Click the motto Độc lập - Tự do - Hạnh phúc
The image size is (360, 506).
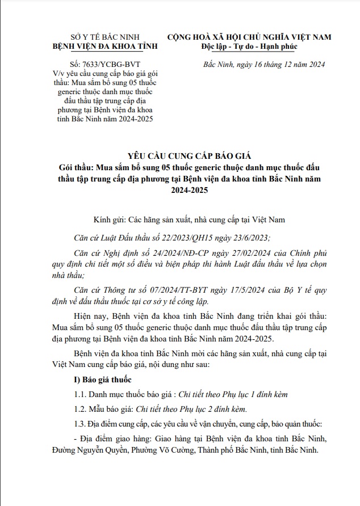pyautogui.click(x=249, y=47)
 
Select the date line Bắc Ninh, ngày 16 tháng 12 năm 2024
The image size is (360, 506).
pyautogui.click(x=264, y=65)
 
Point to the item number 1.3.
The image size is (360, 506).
pyautogui.click(x=82, y=424)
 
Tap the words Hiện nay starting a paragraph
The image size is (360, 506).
pyautogui.click(x=89, y=314)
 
